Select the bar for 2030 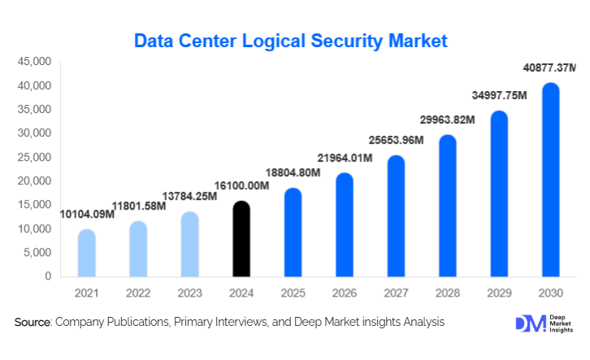[x=551, y=180]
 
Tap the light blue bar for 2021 [x=86, y=253]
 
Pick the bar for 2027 [x=396, y=216]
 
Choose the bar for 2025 [x=293, y=232]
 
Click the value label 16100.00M [x=241, y=187]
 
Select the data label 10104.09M [x=87, y=215]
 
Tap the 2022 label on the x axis [x=138, y=292]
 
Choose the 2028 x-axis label [x=448, y=292]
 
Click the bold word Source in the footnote [x=33, y=323]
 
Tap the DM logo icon [x=530, y=323]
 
